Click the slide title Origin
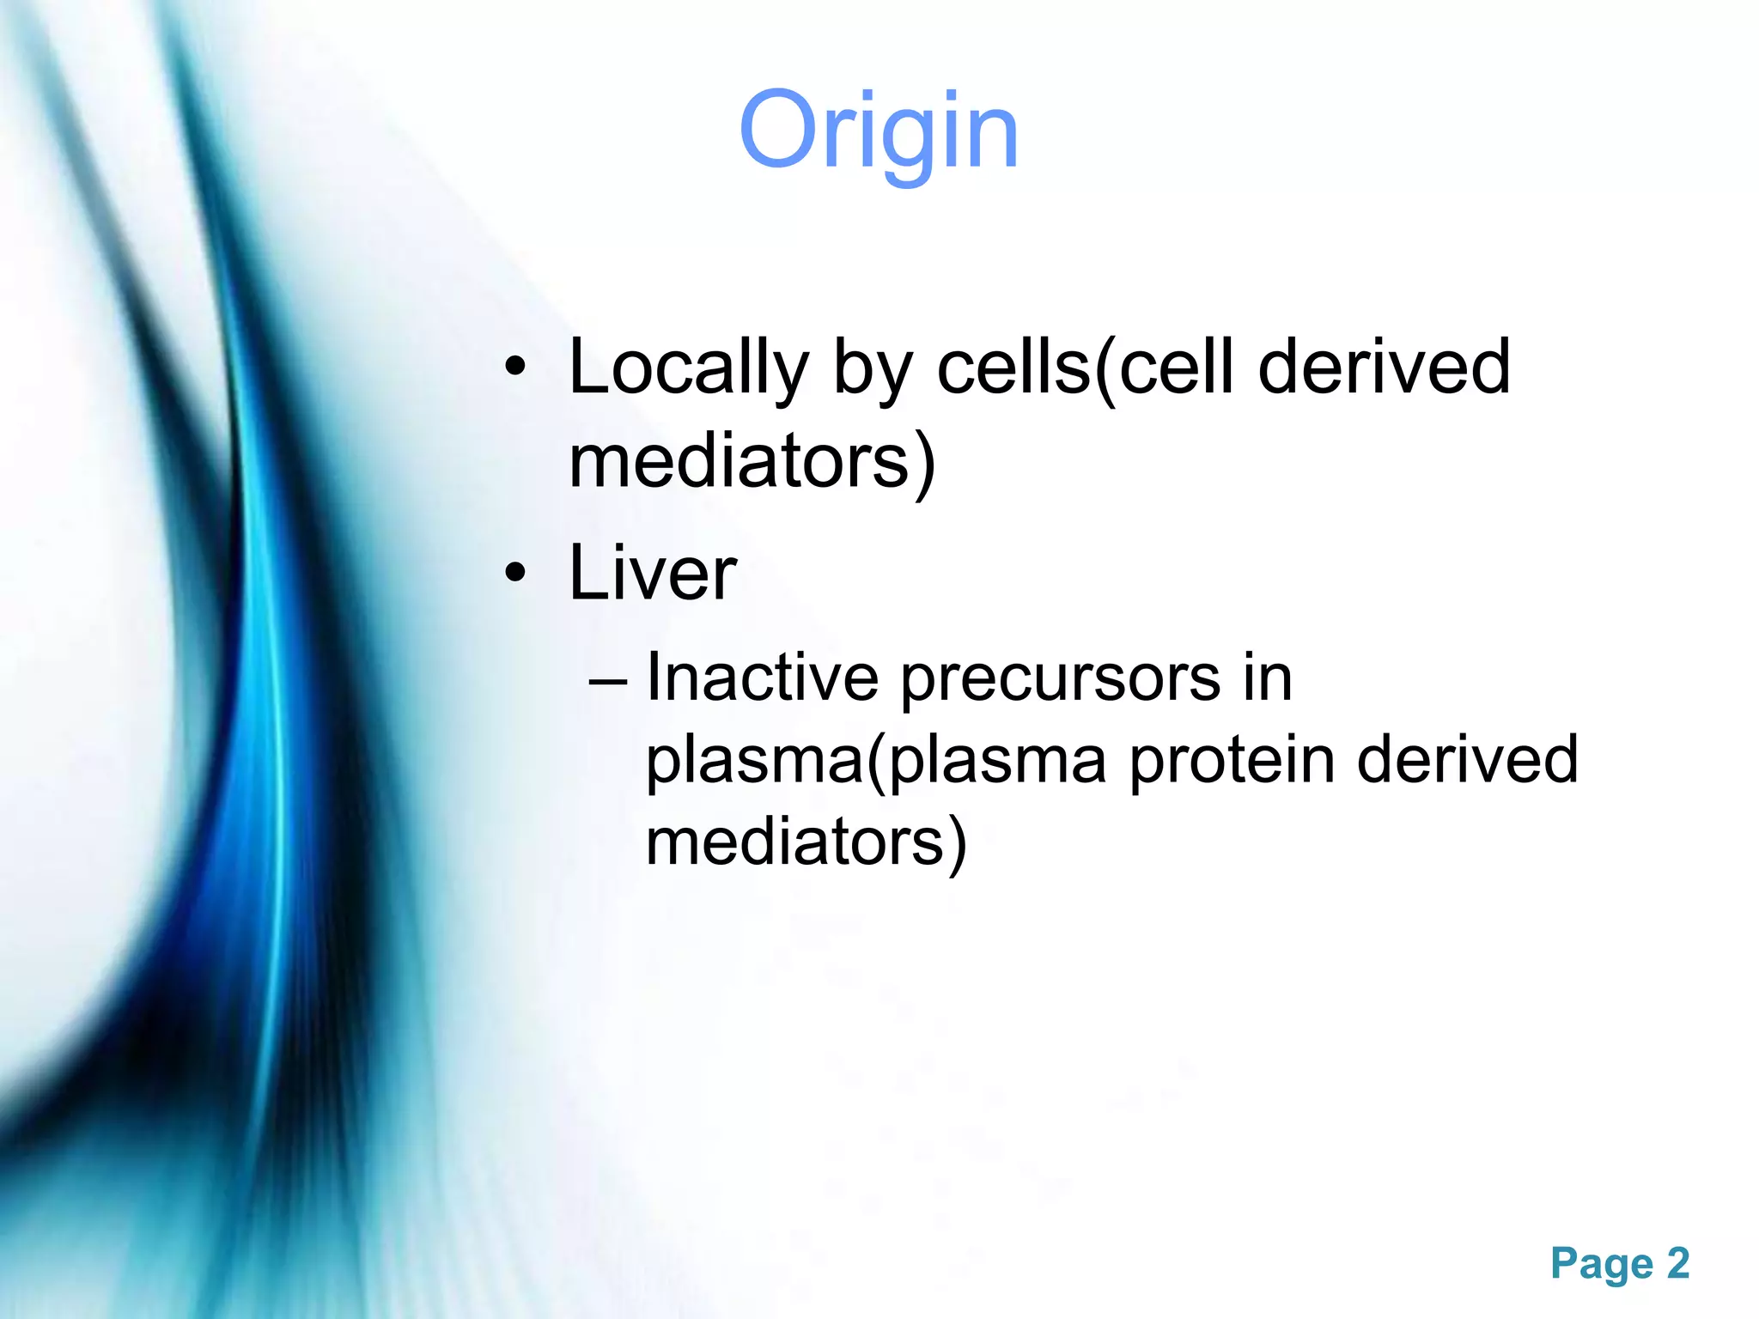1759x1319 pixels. point(878,133)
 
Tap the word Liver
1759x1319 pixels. point(652,574)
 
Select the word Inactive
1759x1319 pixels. point(761,678)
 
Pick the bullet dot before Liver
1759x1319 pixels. point(514,573)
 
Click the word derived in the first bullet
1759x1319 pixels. point(1383,368)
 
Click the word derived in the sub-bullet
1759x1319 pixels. point(1466,760)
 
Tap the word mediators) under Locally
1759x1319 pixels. point(751,462)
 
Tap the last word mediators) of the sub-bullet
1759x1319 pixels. point(806,842)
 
